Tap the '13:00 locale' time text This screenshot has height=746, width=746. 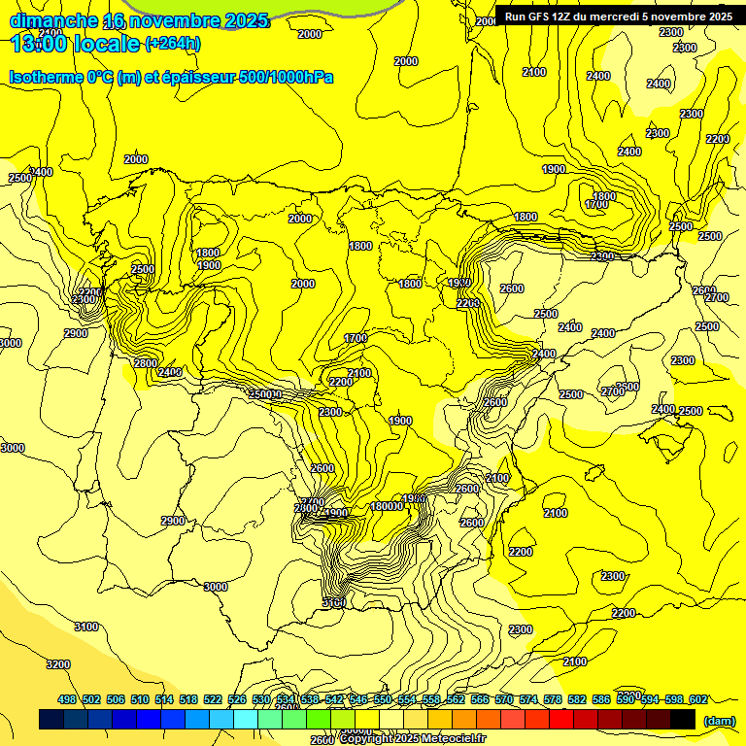(74, 44)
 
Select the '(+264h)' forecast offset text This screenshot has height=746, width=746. (173, 44)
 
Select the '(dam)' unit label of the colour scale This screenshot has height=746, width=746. (719, 720)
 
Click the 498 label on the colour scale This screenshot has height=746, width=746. (67, 699)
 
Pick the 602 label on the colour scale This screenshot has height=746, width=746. (698, 699)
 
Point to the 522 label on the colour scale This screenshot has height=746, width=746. (213, 699)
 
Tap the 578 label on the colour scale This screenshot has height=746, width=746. (553, 699)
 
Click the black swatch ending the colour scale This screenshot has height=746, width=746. (683, 720)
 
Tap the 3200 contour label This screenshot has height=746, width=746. (58, 665)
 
